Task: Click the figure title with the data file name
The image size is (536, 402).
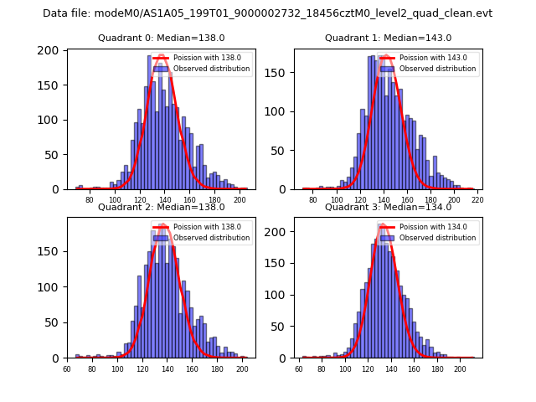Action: click(268, 13)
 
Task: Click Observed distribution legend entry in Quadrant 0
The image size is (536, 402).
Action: click(211, 69)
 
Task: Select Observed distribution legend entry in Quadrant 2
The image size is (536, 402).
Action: click(211, 238)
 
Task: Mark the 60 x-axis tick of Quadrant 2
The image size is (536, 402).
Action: click(67, 368)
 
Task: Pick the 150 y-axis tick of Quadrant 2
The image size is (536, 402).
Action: click(52, 250)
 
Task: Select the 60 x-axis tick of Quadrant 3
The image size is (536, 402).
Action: click(300, 368)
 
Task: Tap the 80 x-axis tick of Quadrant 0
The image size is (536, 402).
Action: click(90, 200)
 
